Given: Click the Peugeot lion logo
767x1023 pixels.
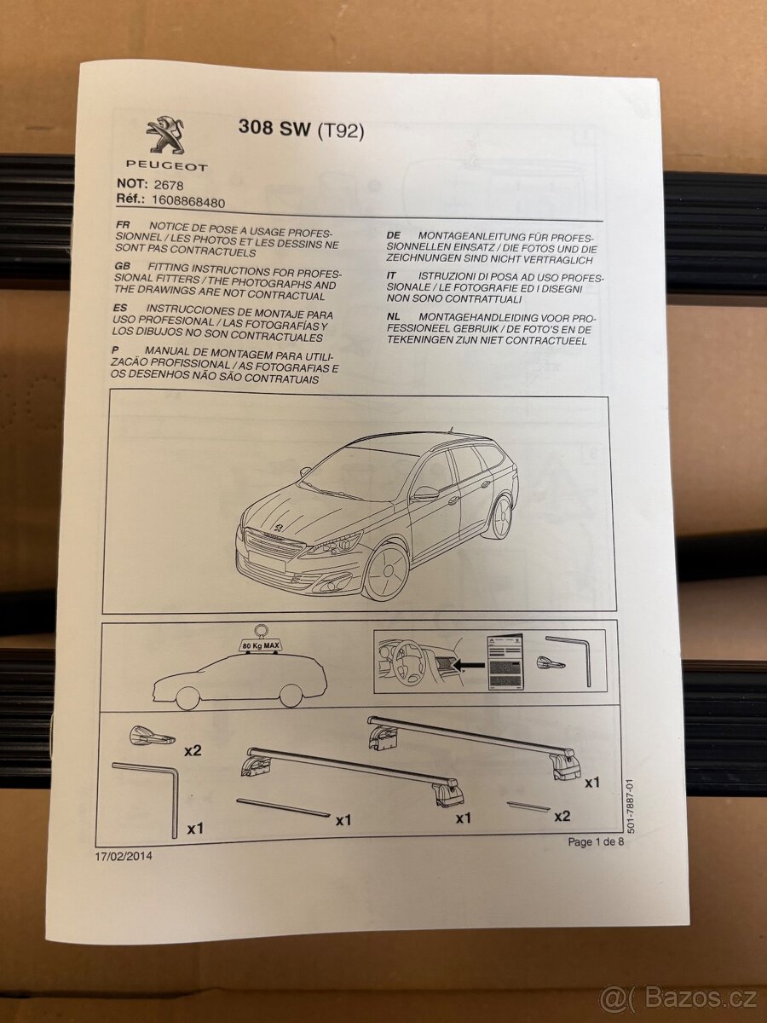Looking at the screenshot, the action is [x=165, y=136].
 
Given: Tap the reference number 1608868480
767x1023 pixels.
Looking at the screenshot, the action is [x=188, y=202].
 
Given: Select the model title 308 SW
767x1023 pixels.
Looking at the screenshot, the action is [x=274, y=128].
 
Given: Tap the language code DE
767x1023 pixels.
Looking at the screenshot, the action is [x=394, y=236].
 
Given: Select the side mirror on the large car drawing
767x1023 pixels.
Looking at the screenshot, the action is [x=425, y=494].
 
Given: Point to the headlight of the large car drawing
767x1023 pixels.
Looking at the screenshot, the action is [x=334, y=544].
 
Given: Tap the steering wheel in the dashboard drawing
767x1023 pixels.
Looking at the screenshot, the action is [x=405, y=662].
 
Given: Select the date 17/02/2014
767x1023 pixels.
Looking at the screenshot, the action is [x=124, y=856].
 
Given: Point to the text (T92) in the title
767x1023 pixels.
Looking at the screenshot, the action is [x=340, y=132].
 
